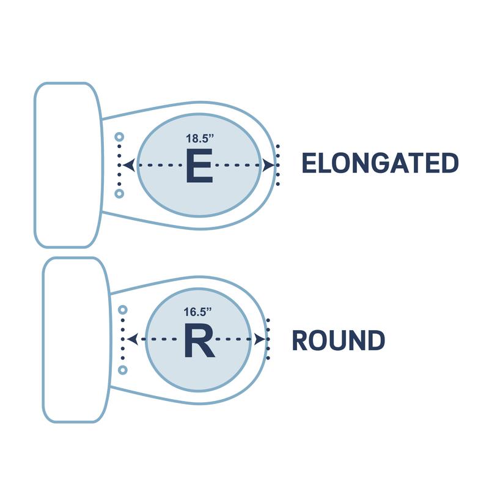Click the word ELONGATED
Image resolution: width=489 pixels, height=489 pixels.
pos(380,164)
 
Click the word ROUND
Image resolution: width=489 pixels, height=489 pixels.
pos(338,340)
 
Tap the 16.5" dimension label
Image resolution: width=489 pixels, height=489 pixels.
pos(198,312)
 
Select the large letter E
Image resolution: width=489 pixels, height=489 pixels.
pos(199,166)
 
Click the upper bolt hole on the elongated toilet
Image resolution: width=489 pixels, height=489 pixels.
pos(120,137)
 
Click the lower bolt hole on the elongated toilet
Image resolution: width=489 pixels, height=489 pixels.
pos(120,194)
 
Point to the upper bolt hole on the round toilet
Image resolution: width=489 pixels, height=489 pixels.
pos(122,310)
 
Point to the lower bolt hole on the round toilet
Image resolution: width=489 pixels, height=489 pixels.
pos(122,370)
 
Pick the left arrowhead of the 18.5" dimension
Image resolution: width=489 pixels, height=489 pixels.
pos(128,165)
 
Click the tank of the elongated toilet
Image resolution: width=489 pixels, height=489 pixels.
pos(67,165)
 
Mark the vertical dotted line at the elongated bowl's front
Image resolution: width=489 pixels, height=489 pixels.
pos(279,165)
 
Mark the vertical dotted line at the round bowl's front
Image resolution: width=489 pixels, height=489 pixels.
pos(268,340)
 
